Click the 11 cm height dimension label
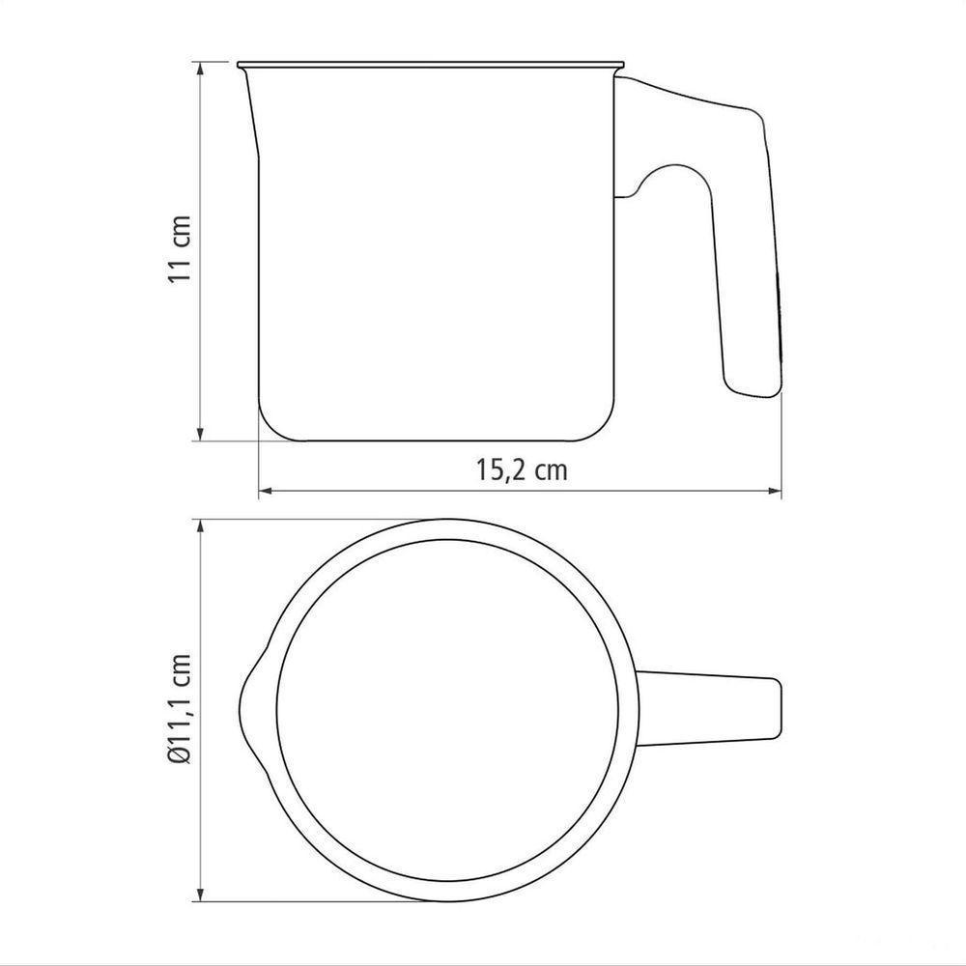point(180,249)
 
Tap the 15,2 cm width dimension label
point(522,470)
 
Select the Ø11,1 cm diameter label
point(180,708)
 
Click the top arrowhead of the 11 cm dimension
point(200,69)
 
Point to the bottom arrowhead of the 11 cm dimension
point(200,433)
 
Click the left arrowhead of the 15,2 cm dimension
point(266,491)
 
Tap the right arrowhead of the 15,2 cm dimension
point(774,491)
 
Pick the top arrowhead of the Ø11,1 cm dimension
point(200,526)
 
